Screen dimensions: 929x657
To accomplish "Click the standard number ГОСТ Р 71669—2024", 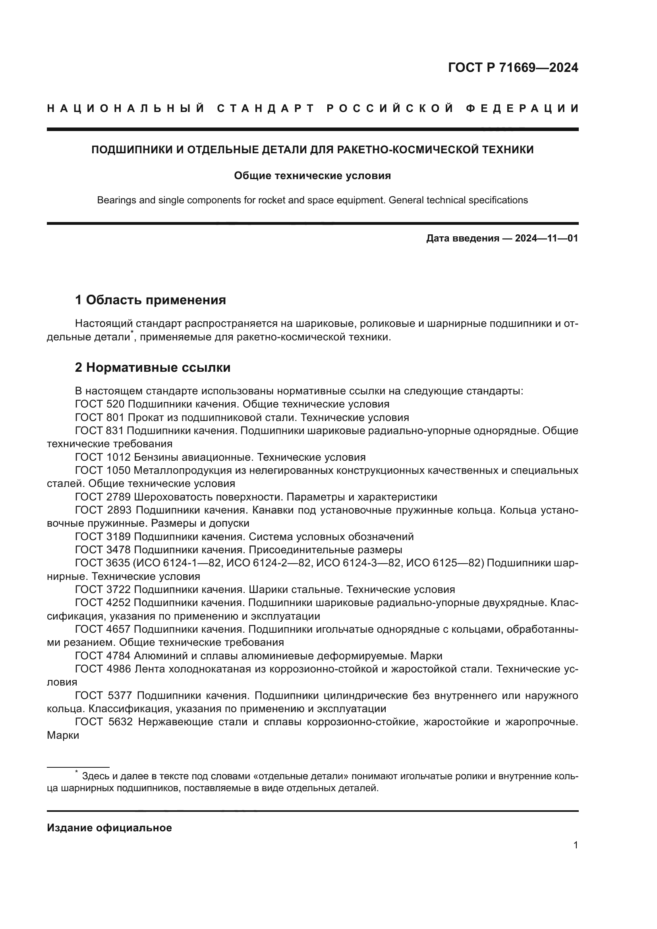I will coord(513,68).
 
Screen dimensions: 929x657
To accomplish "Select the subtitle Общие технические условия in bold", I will coord(312,176).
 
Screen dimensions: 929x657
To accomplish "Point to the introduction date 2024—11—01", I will coord(546,238).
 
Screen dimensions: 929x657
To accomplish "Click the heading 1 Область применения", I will coord(151,300).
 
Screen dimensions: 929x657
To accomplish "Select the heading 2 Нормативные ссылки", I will coord(153,367).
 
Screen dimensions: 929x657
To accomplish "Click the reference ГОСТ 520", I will coord(100,404).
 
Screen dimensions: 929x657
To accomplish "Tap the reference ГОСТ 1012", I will coord(103,457).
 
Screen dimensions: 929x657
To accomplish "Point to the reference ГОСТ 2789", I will coord(103,497).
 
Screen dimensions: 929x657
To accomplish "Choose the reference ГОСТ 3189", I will coord(103,537).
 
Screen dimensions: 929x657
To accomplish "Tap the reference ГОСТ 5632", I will coord(104,722).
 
